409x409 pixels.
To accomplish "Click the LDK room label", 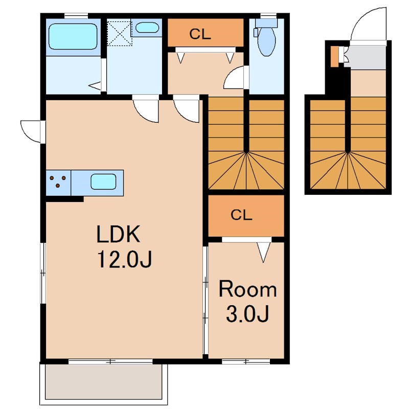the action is (x=118, y=234).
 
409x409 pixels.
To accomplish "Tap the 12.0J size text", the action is (x=124, y=259).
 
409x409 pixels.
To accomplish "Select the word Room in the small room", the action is (x=247, y=289).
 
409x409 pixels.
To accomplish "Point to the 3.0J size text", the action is (x=247, y=314).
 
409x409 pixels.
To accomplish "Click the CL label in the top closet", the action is (x=200, y=34).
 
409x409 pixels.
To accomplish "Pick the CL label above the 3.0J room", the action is (x=241, y=215).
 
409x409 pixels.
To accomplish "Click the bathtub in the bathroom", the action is (x=73, y=36).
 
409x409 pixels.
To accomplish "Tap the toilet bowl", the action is (x=266, y=42).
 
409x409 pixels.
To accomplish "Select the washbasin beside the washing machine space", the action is (x=147, y=28).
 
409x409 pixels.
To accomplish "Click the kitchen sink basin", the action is (x=103, y=181).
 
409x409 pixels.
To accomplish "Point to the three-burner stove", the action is (x=58, y=181).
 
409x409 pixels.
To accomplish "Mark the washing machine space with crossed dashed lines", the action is (x=120, y=33).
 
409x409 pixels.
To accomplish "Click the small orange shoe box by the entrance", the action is (x=334, y=56).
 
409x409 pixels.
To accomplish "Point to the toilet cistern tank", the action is (x=266, y=23).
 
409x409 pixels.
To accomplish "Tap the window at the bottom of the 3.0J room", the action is (x=246, y=361).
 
